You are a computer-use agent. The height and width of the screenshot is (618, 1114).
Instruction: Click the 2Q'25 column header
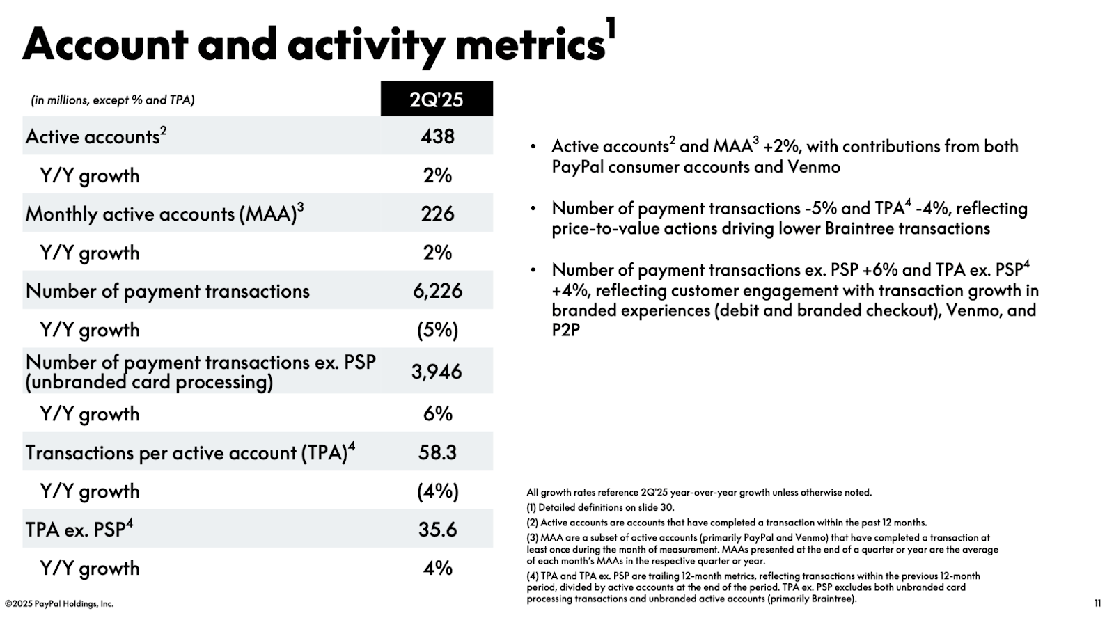pyautogui.click(x=437, y=99)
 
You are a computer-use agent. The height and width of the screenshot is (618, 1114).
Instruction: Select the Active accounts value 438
pyautogui.click(x=437, y=136)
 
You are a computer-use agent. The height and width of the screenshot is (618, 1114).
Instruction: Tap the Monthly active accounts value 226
pyautogui.click(x=437, y=214)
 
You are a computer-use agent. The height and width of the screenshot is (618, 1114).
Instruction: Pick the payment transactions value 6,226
pyautogui.click(x=437, y=291)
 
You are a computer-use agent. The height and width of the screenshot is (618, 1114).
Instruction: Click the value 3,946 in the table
pyautogui.click(x=437, y=372)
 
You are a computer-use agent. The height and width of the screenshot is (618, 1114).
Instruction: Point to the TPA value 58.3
pyautogui.click(x=437, y=452)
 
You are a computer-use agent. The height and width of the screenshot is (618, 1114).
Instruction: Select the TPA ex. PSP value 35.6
pyautogui.click(x=437, y=530)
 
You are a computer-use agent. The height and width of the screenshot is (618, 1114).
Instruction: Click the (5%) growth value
pyautogui.click(x=437, y=330)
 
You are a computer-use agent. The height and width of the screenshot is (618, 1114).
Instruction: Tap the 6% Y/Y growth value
pyautogui.click(x=437, y=414)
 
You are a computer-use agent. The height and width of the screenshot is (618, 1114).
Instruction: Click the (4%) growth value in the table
pyautogui.click(x=437, y=491)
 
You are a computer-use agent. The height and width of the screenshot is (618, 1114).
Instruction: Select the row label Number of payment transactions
pyautogui.click(x=167, y=291)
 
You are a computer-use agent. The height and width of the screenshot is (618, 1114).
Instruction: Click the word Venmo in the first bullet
pyautogui.click(x=813, y=167)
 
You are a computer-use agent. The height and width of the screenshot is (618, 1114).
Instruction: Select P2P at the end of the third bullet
pyautogui.click(x=565, y=331)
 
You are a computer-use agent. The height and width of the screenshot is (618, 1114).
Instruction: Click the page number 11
pyautogui.click(x=1097, y=603)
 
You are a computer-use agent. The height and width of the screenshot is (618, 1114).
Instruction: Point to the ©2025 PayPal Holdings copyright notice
pyautogui.click(x=59, y=603)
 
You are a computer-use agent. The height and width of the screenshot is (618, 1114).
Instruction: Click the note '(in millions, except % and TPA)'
pyautogui.click(x=112, y=100)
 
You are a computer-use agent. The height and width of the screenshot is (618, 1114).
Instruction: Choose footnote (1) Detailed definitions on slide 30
pyautogui.click(x=600, y=507)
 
